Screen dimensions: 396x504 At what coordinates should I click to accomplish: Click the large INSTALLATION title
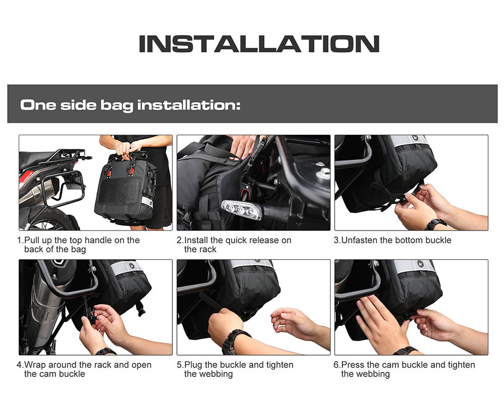(259, 44)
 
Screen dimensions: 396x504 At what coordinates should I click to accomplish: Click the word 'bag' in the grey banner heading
(116, 105)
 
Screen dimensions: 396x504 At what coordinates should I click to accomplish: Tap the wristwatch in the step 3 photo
(435, 223)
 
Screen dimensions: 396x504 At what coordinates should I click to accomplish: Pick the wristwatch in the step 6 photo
(405, 350)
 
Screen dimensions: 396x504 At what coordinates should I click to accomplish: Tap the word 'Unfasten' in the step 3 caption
(359, 240)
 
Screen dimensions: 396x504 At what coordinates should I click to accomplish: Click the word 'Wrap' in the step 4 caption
(35, 365)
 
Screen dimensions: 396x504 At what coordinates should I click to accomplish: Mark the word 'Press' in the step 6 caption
(353, 365)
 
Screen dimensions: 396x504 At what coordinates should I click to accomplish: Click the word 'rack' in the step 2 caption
(207, 249)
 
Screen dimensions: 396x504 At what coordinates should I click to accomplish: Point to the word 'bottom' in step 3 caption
(412, 240)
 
